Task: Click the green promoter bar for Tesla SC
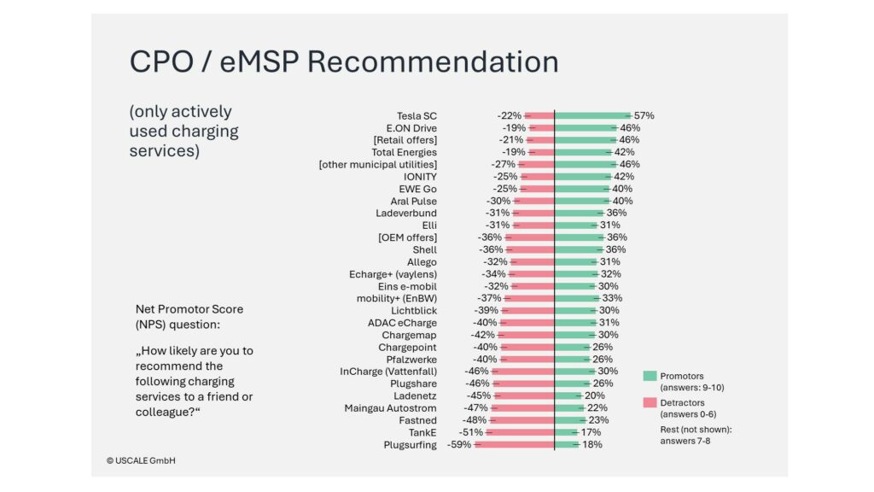click(591, 115)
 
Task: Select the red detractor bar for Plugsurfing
click(514, 445)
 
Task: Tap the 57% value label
click(644, 115)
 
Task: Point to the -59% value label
click(459, 445)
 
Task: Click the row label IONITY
click(420, 177)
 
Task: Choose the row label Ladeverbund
click(406, 213)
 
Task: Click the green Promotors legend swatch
click(650, 376)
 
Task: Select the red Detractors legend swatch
click(650, 403)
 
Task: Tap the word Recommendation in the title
click(432, 61)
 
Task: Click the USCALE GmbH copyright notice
click(143, 460)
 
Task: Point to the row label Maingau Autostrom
click(390, 408)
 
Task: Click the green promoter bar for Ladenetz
click(568, 396)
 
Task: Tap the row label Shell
click(424, 249)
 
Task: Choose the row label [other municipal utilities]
click(377, 164)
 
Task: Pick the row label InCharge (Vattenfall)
click(388, 372)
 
